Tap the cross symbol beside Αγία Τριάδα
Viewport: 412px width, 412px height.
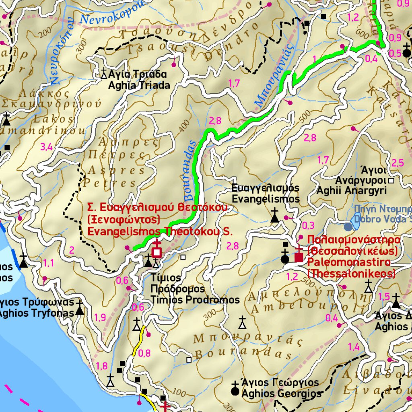pos(104,74)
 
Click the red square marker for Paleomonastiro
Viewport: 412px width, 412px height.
pos(299,257)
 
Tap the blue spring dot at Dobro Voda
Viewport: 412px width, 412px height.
pos(348,227)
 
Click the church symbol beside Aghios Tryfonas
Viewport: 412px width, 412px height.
pos(80,308)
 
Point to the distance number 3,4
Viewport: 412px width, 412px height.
pos(46,147)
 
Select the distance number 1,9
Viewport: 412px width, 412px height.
pos(100,317)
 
